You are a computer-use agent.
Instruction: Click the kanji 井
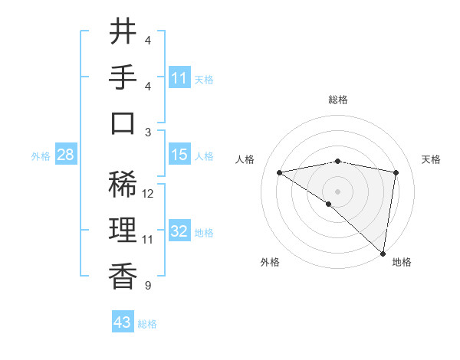point(123,31)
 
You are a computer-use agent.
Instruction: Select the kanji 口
point(123,123)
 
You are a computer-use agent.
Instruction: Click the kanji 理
point(123,230)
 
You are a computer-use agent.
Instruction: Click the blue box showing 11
point(179,77)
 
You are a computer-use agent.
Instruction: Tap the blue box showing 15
point(179,155)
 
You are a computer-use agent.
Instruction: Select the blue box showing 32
point(179,231)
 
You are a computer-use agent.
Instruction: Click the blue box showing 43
point(123,322)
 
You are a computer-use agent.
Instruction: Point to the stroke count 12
point(149,193)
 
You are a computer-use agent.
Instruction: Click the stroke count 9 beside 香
point(147,286)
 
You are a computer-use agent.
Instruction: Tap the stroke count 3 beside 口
point(147,133)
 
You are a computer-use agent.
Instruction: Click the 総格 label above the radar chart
point(338,100)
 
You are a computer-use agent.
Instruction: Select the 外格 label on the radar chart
point(270,262)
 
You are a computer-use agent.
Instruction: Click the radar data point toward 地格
point(383,253)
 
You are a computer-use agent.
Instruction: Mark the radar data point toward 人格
point(280,172)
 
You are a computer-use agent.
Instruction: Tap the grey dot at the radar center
point(337,190)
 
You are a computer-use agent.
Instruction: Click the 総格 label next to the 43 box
point(147,324)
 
